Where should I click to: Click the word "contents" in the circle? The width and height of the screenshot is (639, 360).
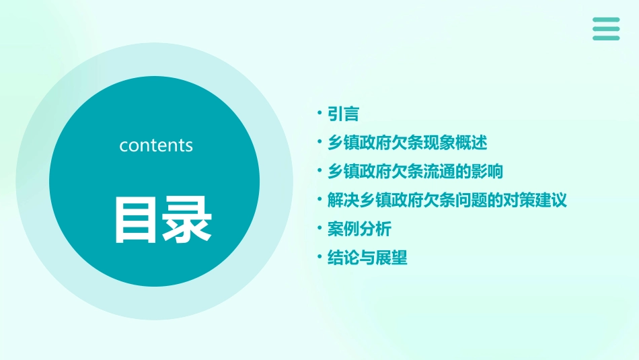pyautogui.click(x=156, y=145)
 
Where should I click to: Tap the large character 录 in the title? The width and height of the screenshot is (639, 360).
pyautogui.click(x=185, y=219)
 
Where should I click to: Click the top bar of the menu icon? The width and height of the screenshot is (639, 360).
pyautogui.click(x=605, y=20)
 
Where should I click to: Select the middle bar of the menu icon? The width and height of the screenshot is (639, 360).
pyautogui.click(x=605, y=29)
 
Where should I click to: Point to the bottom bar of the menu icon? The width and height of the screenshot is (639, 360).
pyautogui.click(x=605, y=38)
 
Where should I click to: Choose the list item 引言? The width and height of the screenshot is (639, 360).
pyautogui.click(x=343, y=114)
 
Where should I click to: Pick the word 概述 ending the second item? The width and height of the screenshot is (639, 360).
pyautogui.click(x=472, y=143)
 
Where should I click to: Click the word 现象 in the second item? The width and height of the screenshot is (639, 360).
pyautogui.click(x=439, y=143)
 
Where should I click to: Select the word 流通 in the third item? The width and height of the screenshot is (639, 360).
pyautogui.click(x=439, y=172)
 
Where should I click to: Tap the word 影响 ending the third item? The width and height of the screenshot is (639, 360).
pyautogui.click(x=488, y=172)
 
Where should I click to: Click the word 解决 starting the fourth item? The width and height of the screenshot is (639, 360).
pyautogui.click(x=343, y=201)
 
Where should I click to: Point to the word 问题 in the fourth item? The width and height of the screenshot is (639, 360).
pyautogui.click(x=472, y=201)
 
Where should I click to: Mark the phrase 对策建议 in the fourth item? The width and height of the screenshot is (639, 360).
pyautogui.click(x=535, y=201)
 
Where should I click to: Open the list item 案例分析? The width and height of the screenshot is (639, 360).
pyautogui.click(x=359, y=229)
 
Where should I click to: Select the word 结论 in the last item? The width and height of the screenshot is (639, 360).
pyautogui.click(x=343, y=258)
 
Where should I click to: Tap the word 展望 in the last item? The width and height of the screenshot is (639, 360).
pyautogui.click(x=391, y=258)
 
